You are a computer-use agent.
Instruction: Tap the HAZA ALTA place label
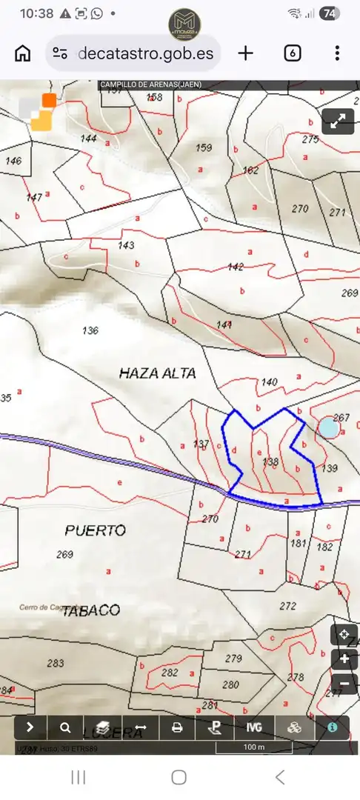157,373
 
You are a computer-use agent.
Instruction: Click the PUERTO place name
95,530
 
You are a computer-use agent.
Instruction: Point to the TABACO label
90,610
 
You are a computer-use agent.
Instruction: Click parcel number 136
90,330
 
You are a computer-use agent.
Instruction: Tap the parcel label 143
126,245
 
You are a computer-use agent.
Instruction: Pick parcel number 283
56,664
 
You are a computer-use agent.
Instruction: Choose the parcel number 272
287,606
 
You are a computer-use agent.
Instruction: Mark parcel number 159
204,148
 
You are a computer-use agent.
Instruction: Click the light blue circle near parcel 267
328,427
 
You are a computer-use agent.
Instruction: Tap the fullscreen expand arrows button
339,121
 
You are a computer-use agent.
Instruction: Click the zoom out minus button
344,683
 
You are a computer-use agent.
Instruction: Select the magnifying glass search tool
66,727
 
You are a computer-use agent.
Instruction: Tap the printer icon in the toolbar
177,727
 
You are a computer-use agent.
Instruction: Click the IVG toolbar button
254,727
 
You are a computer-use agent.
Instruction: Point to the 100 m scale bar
254,747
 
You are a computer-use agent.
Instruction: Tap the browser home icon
23,53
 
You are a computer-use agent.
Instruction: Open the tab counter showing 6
293,53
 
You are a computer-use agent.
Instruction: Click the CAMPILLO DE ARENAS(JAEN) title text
151,84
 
